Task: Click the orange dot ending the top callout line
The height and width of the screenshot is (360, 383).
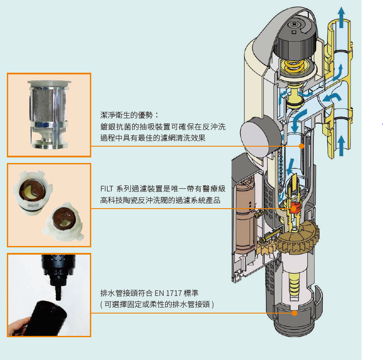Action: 301,146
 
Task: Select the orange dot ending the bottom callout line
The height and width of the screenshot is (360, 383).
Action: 294,313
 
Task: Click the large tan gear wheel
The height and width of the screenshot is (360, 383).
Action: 297,241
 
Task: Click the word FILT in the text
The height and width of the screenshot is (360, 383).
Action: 106,189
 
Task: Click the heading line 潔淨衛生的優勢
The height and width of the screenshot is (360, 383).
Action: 129,115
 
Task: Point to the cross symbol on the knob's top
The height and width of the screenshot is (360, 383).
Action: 294,32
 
